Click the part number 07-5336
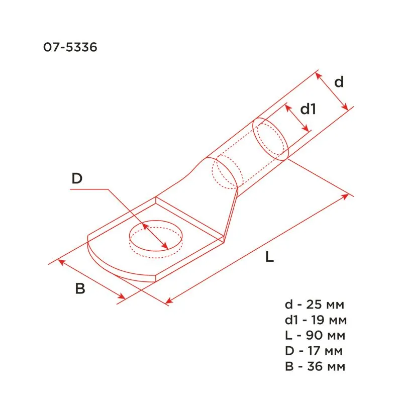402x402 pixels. [70, 48]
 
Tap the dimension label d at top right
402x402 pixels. [339, 82]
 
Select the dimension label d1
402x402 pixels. [308, 109]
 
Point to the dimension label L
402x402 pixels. [270, 258]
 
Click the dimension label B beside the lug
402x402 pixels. [80, 288]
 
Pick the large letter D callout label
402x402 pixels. [76, 178]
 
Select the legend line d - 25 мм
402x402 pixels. [315, 305]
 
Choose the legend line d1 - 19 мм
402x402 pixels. [315, 320]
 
